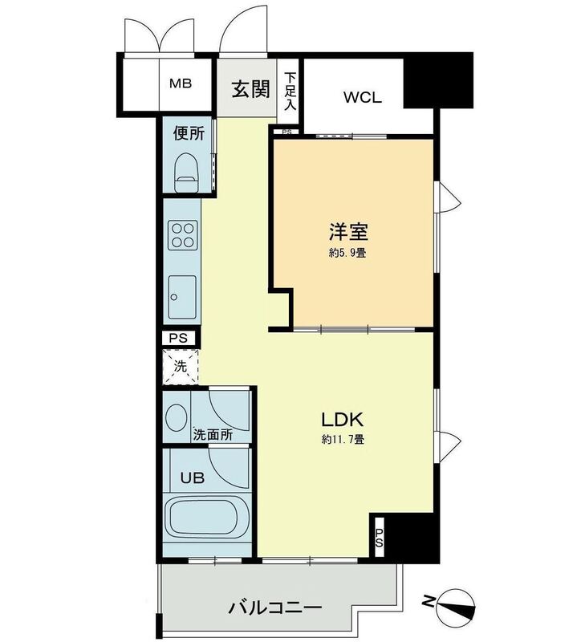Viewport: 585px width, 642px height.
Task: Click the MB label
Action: click(181, 83)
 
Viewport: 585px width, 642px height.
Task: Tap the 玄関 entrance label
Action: click(250, 89)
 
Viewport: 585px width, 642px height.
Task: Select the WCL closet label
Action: click(362, 98)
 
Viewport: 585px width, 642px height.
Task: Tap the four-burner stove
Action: click(183, 234)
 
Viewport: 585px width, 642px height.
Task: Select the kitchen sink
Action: click(183, 297)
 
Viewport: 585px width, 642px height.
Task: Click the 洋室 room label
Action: click(348, 234)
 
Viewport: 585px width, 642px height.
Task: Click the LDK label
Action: click(343, 419)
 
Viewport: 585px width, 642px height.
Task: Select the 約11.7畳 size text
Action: click(343, 440)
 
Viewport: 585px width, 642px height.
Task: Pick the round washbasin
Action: click(176, 417)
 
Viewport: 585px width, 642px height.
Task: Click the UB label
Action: click(192, 477)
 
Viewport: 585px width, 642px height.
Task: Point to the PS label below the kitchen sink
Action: click(179, 338)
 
